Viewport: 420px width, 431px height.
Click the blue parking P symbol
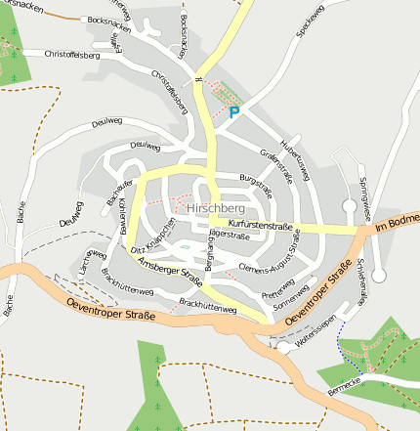[x=232, y=112]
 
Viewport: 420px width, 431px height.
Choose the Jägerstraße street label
[x=231, y=235]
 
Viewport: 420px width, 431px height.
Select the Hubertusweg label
[x=295, y=156]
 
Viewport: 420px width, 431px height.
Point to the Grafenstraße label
[x=276, y=165]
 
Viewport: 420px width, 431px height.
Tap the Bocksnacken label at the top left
[x=107, y=21]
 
